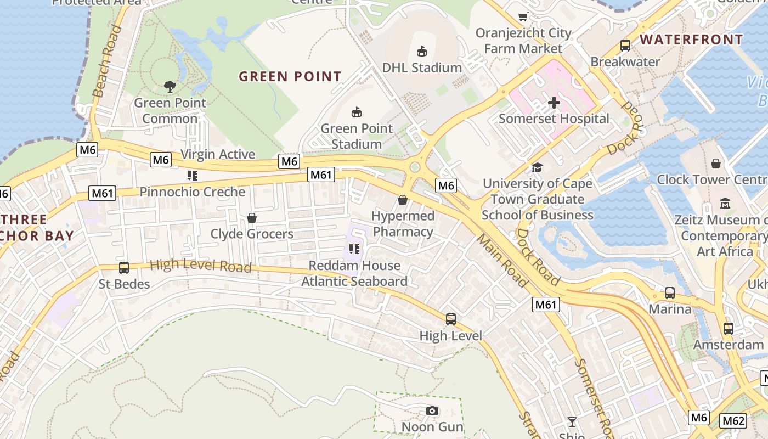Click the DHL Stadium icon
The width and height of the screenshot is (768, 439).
coord(421,52)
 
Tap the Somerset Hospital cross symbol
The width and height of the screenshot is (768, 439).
coord(554,103)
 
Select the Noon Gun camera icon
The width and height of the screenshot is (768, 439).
coord(432,411)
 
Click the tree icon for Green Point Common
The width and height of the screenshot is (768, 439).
coord(170,86)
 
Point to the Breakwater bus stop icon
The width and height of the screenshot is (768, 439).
coord(625,46)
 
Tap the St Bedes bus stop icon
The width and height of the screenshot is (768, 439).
coord(124,268)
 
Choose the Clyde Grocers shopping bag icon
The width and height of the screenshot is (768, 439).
coord(252,218)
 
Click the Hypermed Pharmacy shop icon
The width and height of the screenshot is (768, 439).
coord(403,200)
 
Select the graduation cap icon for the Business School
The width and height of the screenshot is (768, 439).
coord(537,167)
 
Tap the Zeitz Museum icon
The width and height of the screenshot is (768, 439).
coord(726,204)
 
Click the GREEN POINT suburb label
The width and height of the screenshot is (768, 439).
coord(290,76)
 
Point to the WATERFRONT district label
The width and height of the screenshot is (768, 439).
coord(691,40)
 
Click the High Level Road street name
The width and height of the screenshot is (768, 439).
coord(201,266)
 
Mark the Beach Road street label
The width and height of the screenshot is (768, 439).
coord(106,61)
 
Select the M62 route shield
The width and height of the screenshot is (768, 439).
coord(733,421)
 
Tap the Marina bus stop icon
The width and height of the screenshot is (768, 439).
coord(670,293)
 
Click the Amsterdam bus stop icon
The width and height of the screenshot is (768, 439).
coord(728,329)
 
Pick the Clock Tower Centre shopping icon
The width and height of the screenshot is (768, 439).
coord(716,164)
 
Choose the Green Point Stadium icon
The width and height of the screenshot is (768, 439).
coord(357,112)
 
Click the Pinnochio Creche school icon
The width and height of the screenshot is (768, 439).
coord(192,176)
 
